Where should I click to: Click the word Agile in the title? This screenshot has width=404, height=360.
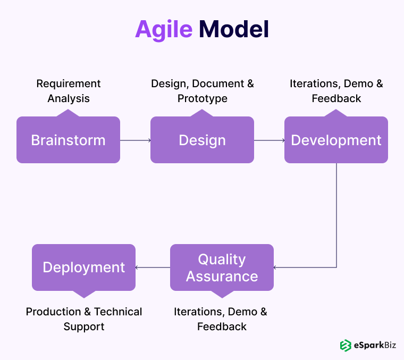(163, 29)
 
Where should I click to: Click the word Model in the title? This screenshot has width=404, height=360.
(234, 29)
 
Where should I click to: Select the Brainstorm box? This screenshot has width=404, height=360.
(68, 140)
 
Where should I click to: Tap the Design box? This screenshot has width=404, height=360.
(202, 140)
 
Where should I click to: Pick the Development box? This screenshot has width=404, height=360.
(336, 140)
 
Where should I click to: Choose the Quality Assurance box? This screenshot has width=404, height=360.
(222, 267)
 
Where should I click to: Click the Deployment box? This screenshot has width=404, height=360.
(83, 267)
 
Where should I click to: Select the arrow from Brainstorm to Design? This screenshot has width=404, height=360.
(135, 140)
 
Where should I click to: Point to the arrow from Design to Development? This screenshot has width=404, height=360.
(269, 140)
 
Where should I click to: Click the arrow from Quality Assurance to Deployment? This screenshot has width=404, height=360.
(153, 267)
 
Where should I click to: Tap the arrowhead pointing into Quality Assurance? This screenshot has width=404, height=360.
(275, 267)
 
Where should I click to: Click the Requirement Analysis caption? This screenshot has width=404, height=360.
(68, 91)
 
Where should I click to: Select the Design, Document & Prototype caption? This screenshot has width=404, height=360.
(202, 91)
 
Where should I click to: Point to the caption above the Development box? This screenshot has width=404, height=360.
(336, 91)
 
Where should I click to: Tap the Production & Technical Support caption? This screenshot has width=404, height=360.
(83, 319)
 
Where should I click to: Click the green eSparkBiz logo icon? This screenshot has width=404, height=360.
(346, 345)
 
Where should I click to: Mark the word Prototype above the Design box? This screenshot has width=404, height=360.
(202, 99)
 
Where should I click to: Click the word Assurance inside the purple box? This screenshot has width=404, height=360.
(222, 277)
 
